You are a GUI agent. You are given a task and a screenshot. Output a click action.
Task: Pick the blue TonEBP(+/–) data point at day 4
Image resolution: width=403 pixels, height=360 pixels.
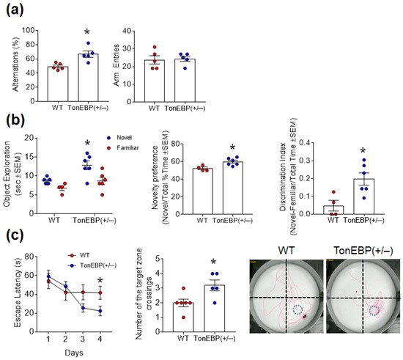pos(99,312)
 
